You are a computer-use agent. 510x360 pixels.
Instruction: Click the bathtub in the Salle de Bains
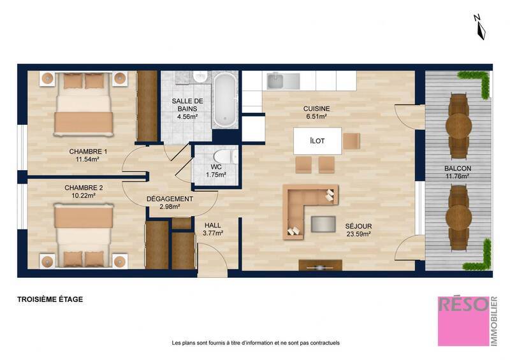click(224, 100)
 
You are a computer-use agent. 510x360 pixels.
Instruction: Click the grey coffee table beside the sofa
click(323, 223)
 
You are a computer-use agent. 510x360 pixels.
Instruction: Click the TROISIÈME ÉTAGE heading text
click(50, 299)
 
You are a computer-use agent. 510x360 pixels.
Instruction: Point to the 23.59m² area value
click(358, 234)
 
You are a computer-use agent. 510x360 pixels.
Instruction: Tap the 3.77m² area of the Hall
click(212, 233)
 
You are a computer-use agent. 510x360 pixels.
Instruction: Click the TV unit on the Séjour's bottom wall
click(320, 265)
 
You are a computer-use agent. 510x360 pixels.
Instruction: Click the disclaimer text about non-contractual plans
click(256, 343)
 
